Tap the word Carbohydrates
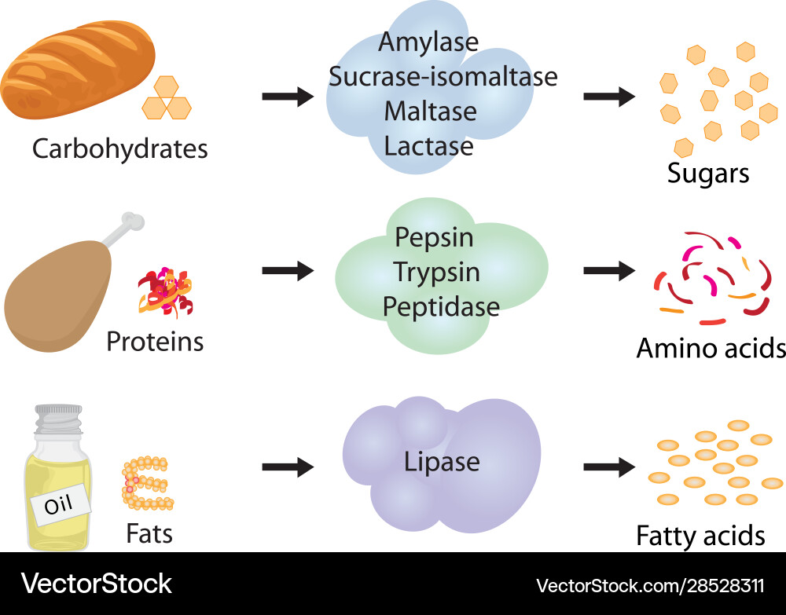coord(119,148)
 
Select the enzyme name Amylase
coord(428,42)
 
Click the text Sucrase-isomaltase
coord(443,77)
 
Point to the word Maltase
coord(430,112)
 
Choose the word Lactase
coord(429,146)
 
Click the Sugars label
coord(708,174)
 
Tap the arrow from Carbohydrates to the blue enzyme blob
coord(288,97)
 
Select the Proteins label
coord(155,342)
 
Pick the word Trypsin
coord(437,272)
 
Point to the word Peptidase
coord(441,306)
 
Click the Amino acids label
coord(711,347)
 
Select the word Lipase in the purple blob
coord(442,461)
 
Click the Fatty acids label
coord(700,536)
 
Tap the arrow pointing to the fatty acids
coord(609,467)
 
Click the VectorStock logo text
coord(96,584)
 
